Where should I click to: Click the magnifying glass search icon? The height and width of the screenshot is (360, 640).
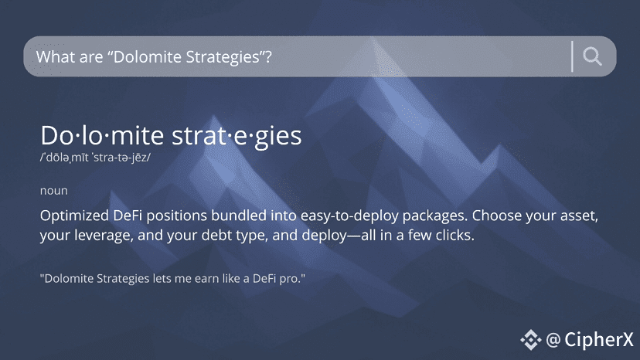(592, 56)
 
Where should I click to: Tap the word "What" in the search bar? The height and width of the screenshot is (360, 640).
(54, 56)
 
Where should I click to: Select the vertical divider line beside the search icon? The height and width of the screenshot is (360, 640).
(572, 56)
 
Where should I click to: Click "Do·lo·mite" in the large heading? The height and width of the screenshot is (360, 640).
(102, 135)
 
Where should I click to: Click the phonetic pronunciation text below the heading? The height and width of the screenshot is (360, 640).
(95, 158)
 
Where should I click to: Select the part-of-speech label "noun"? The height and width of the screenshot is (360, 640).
(54, 191)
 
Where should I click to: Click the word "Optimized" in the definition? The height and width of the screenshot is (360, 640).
(74, 216)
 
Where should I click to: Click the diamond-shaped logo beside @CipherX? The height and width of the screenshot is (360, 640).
(530, 340)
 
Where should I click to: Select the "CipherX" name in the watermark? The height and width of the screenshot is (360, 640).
(599, 340)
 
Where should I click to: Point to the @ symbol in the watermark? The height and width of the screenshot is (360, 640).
(553, 340)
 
